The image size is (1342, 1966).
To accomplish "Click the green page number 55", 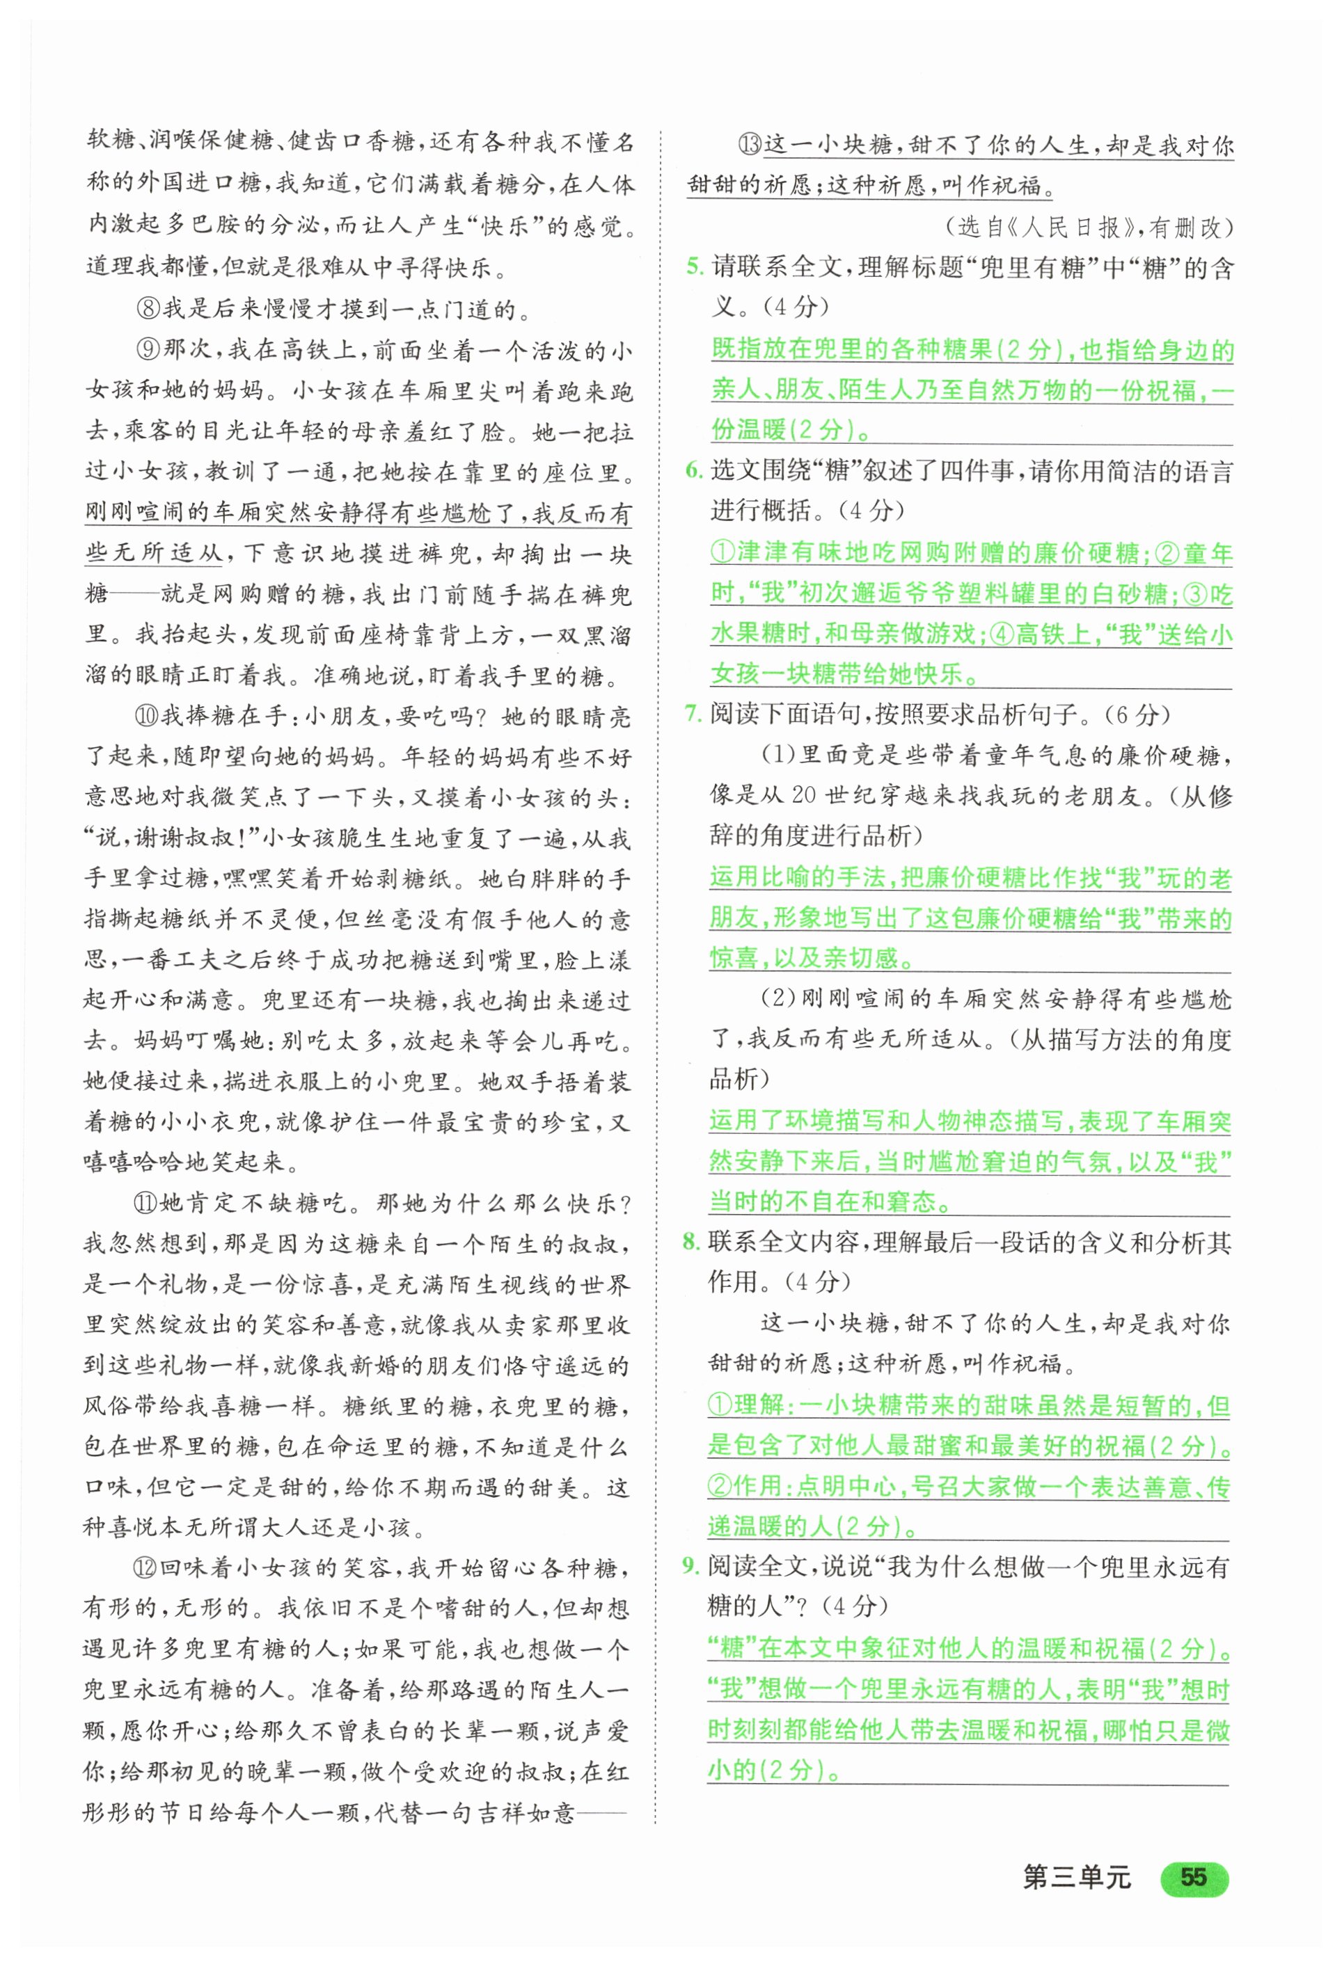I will coord(1193,1877).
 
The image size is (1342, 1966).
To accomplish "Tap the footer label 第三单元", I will coord(1076,1877).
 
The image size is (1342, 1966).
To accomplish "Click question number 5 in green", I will coord(694,267).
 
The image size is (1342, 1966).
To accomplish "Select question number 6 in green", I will coord(694,470).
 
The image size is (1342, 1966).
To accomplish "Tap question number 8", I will coord(691,1242).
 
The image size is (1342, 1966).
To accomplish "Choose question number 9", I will coord(690,1566).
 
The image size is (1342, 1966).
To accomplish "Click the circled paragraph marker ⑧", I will coord(148,309).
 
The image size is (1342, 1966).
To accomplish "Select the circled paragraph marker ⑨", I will coord(148,349).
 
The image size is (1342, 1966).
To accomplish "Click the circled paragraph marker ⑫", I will coord(145,1567).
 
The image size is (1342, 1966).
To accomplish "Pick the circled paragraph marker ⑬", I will coord(750,145).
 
